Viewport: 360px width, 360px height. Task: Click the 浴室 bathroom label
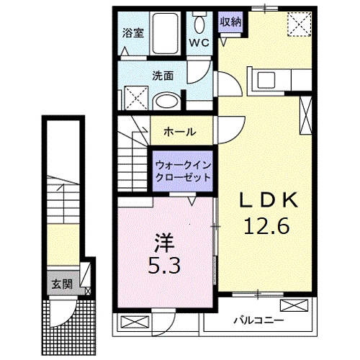133,32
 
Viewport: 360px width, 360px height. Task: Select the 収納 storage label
230,22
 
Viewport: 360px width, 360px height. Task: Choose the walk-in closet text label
183,171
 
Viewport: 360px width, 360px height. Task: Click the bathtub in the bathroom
169,32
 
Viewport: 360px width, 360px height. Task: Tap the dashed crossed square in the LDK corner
297,24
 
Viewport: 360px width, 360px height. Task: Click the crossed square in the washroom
133,96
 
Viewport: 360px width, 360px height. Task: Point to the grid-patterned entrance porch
68,325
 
